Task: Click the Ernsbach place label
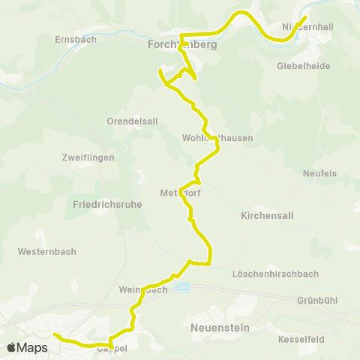[76, 39]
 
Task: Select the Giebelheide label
[304, 65]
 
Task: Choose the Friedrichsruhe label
[108, 204]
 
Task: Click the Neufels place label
[319, 173]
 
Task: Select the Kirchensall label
[267, 215]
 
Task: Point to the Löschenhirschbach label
[276, 273]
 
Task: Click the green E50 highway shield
[183, 287]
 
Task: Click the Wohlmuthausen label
[217, 138]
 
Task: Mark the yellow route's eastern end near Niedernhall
[306, 16]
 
